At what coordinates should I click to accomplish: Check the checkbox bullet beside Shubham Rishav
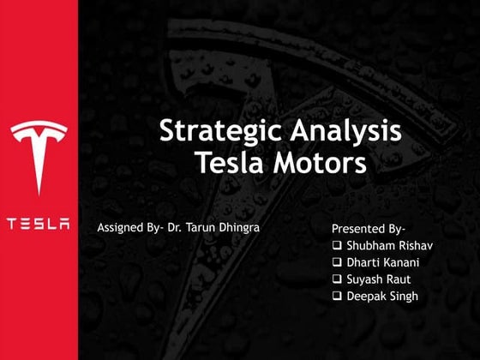point(337,247)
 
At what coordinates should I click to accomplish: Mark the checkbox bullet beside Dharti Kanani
point(337,263)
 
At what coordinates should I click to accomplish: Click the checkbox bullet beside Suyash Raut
point(337,279)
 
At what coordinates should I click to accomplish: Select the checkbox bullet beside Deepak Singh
point(337,296)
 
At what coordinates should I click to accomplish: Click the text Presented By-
point(368,230)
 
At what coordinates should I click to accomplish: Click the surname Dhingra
point(235,229)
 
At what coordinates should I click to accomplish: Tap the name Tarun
point(197,229)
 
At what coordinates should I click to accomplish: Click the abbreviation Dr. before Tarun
point(174,229)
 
